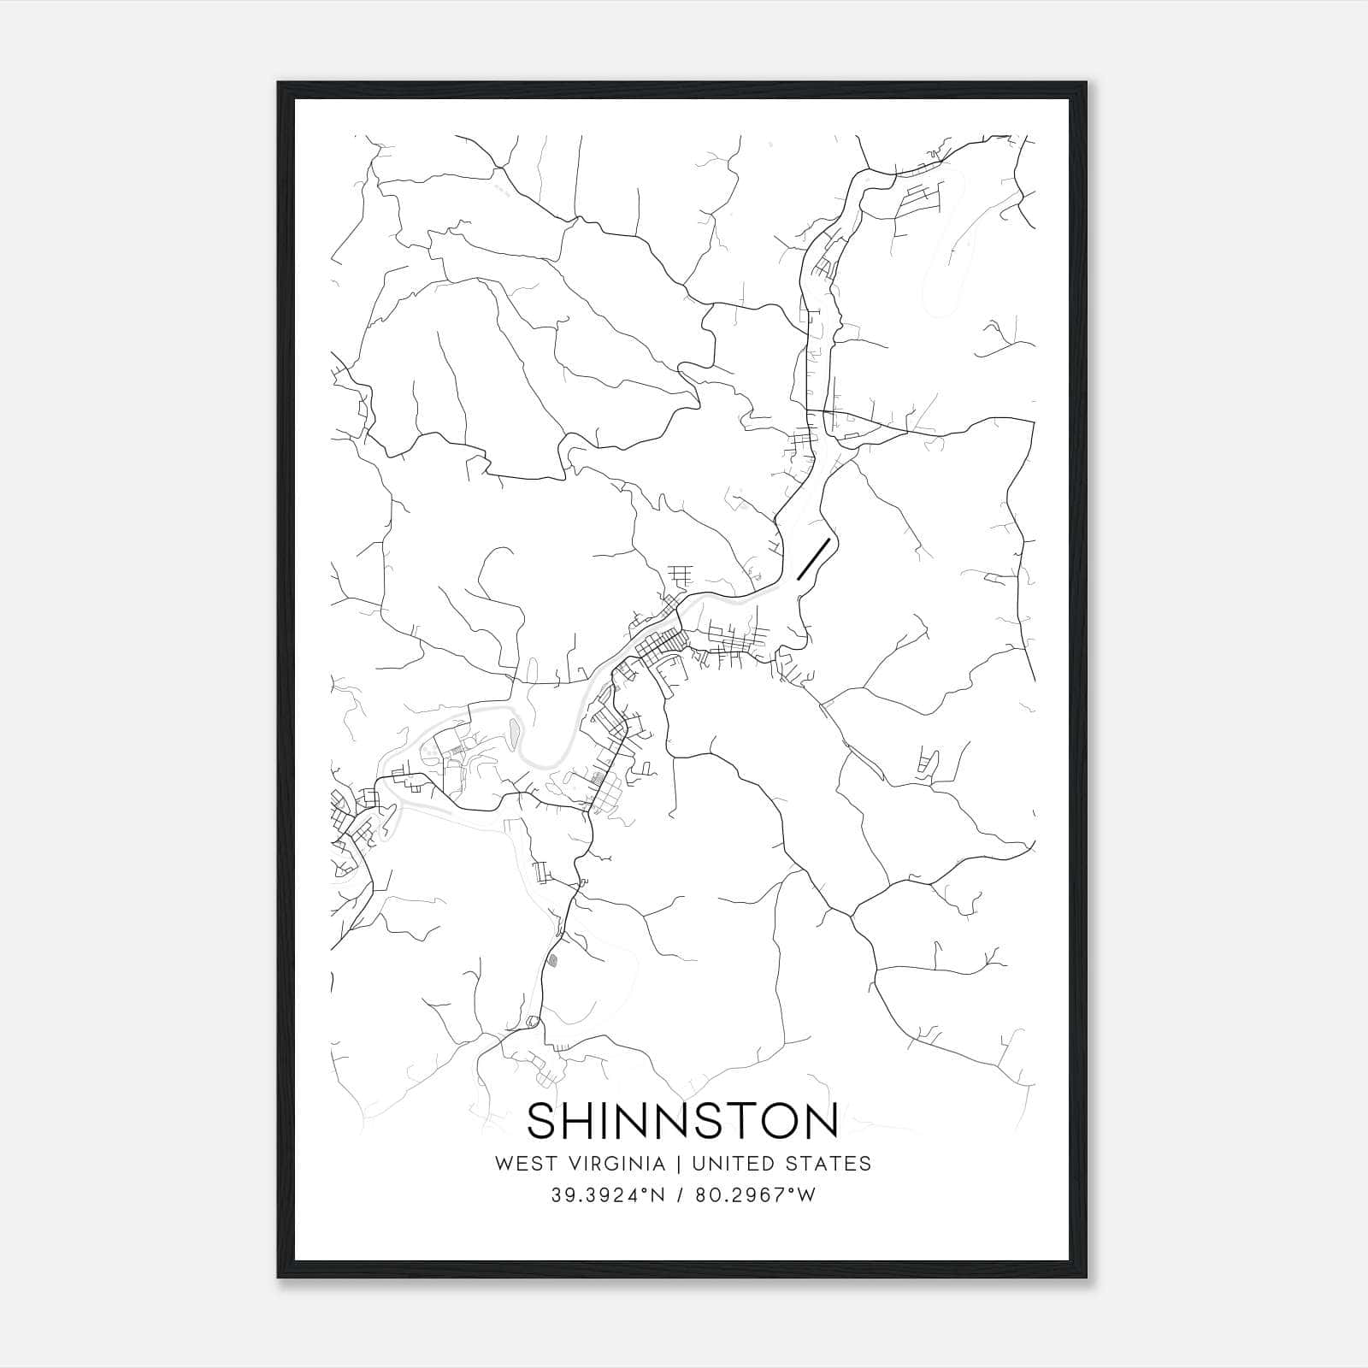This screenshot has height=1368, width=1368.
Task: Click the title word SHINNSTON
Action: [682, 1121]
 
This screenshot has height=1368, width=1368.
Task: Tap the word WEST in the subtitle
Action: [518, 1164]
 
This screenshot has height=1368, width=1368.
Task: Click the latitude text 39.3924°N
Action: [607, 1195]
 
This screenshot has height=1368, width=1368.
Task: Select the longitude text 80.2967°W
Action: [756, 1195]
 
